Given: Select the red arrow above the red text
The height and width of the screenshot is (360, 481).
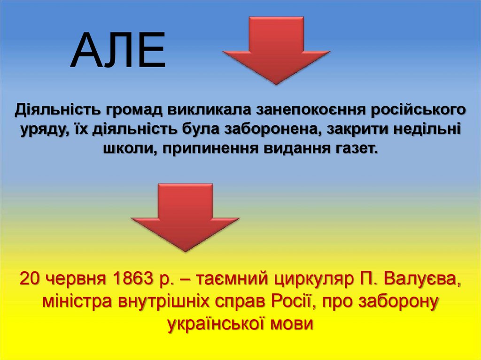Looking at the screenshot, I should click(x=185, y=215).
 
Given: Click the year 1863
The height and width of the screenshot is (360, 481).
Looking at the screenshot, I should click(x=132, y=280).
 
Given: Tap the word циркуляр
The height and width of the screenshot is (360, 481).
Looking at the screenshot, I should click(x=310, y=280).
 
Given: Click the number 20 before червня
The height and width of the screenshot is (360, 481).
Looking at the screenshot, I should click(x=29, y=280).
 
